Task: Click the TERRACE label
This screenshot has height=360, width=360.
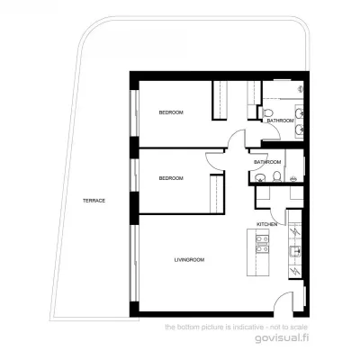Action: [94, 201]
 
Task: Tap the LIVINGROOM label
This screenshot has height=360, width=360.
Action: [189, 260]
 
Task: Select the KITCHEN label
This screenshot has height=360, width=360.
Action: [266, 224]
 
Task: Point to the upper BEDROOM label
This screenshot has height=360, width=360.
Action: [171, 112]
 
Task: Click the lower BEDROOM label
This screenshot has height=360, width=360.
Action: [171, 178]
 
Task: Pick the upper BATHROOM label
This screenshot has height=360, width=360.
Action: [280, 121]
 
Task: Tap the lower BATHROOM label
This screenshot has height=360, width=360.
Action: [267, 162]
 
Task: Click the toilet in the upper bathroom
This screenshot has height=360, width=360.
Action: [267, 112]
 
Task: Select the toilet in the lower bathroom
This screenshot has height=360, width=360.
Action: [277, 176]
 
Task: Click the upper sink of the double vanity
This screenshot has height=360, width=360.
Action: [299, 113]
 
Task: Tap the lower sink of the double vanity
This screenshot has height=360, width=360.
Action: [299, 130]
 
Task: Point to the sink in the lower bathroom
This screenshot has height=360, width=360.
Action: [260, 178]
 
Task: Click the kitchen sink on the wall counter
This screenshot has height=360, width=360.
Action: [294, 251]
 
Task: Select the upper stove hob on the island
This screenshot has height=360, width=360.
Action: [262, 239]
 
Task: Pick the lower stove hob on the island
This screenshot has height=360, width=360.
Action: [262, 249]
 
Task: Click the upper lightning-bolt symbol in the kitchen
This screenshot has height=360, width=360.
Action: [295, 232]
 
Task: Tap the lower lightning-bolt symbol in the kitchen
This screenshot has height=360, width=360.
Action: [295, 272]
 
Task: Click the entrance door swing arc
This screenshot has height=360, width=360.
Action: [280, 297]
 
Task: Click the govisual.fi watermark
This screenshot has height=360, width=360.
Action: [282, 337]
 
